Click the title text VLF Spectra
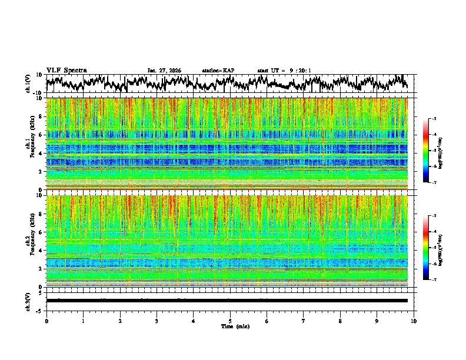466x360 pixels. click(x=66, y=70)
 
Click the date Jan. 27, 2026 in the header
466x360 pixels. click(x=164, y=71)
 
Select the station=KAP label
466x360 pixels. click(x=218, y=71)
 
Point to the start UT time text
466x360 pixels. click(x=284, y=71)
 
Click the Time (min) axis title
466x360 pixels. click(x=230, y=326)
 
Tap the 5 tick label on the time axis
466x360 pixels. click(x=230, y=321)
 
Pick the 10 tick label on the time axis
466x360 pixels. click(x=414, y=321)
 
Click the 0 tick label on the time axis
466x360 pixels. click(x=46, y=321)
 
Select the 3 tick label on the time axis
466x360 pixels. click(x=157, y=321)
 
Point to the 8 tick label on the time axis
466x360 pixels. click(x=340, y=321)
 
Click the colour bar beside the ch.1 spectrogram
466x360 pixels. click(x=426, y=151)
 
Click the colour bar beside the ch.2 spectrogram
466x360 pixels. click(x=426, y=248)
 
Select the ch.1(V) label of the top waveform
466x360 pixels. click(x=29, y=84)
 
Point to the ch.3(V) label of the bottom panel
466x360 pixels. click(x=29, y=301)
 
